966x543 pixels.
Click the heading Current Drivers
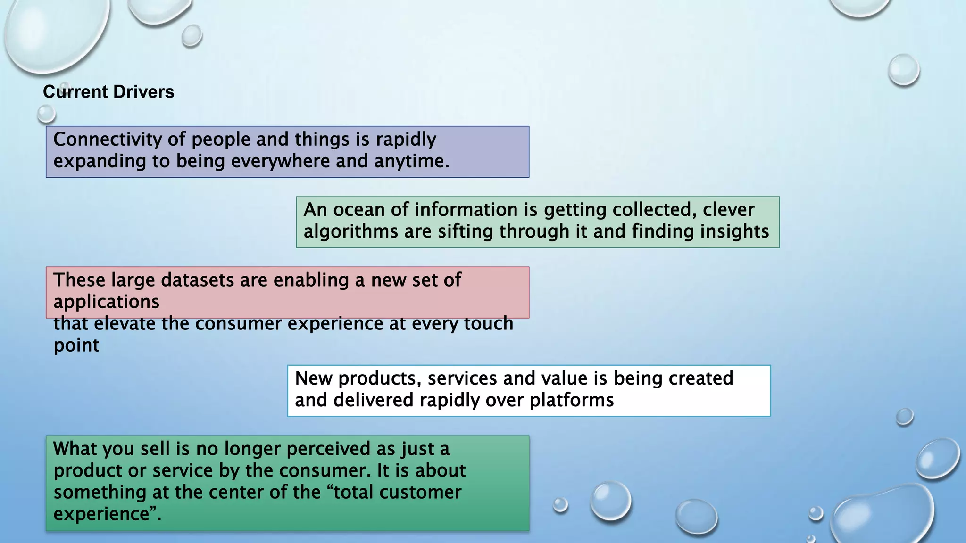pos(108,92)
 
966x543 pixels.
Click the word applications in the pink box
pos(106,302)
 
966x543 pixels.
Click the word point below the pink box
pos(76,346)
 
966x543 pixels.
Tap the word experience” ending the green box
pos(107,514)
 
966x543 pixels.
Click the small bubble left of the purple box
pos(46,114)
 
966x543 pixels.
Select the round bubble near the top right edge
pos(903,70)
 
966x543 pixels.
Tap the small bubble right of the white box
pos(904,417)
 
